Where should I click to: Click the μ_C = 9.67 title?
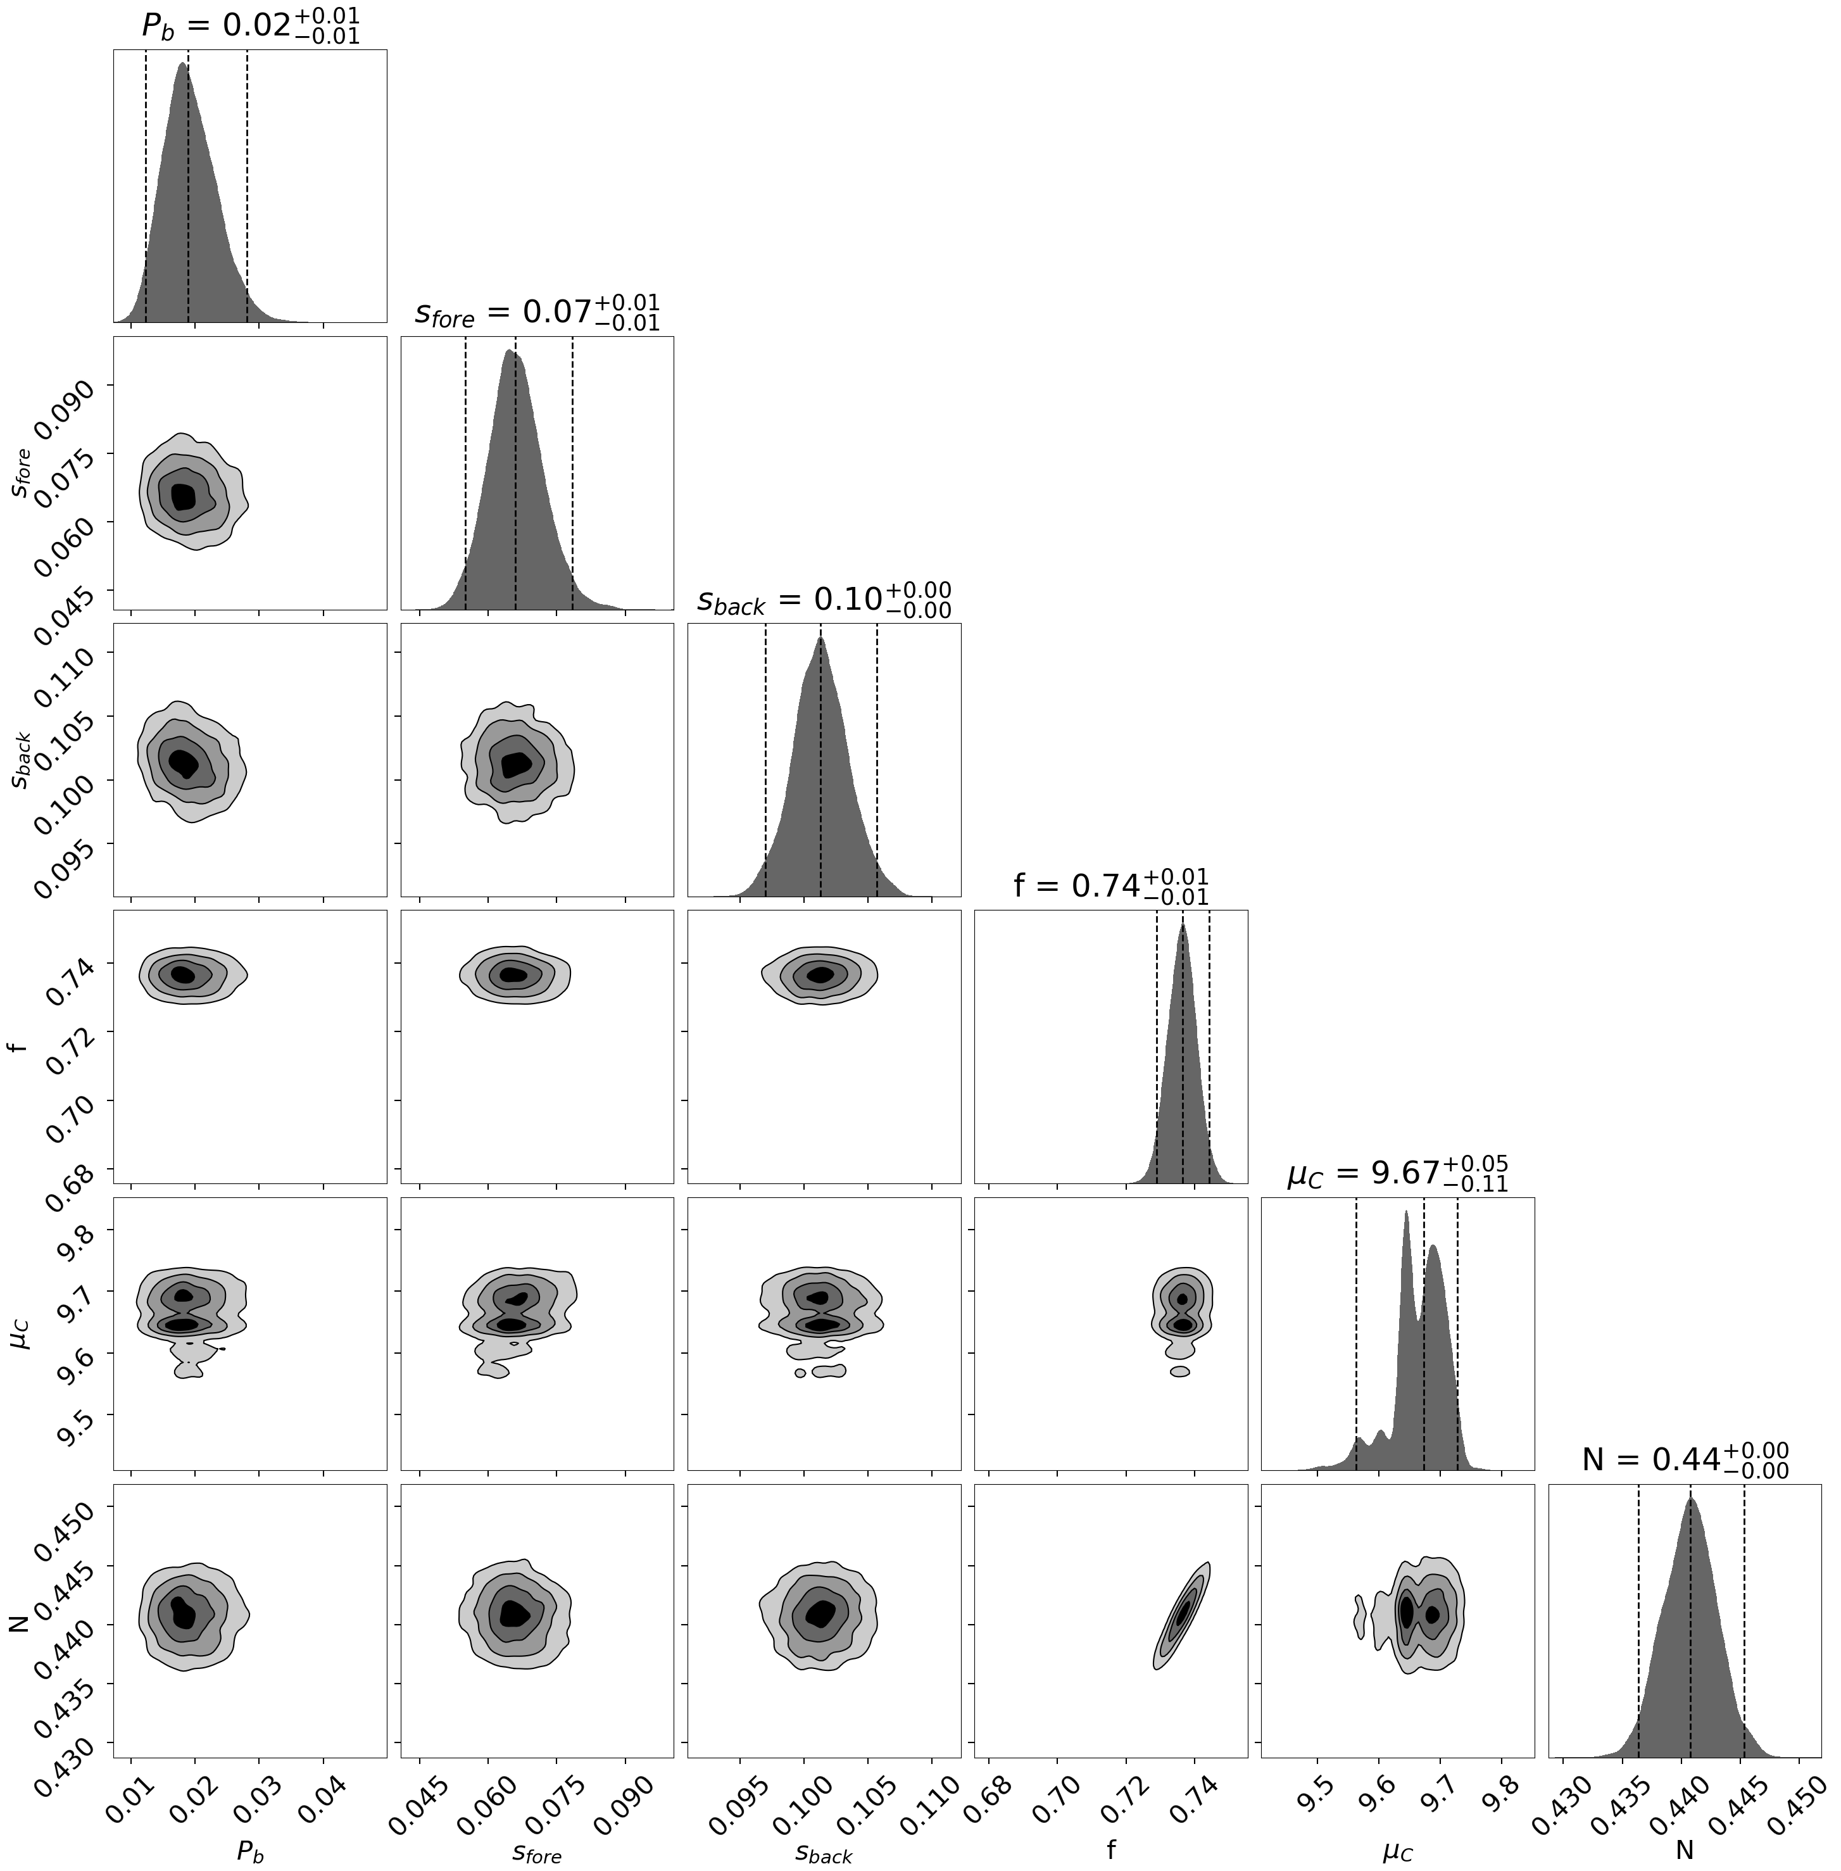[x=1397, y=1172]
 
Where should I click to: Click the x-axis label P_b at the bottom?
[x=251, y=1849]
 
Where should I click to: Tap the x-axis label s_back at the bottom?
[x=824, y=1849]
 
